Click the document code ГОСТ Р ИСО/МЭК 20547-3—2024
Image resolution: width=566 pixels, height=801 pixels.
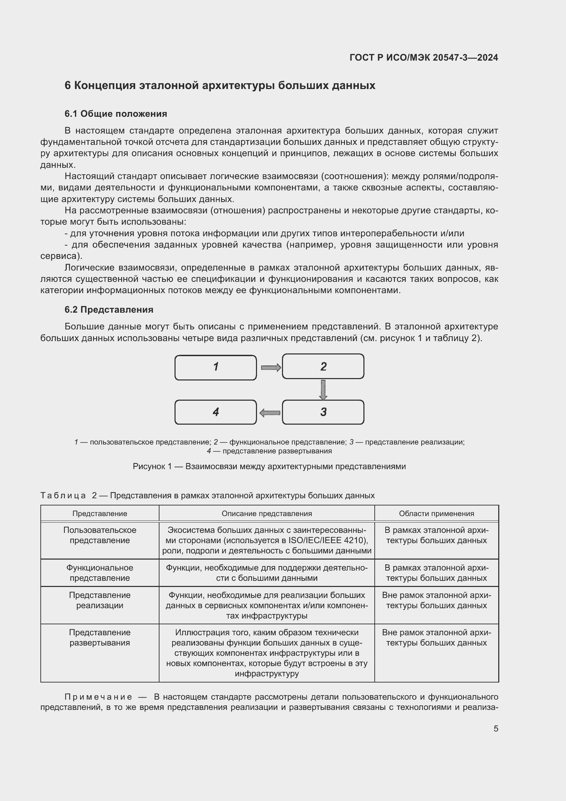point(423,58)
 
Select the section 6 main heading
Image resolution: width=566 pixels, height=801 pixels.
point(220,86)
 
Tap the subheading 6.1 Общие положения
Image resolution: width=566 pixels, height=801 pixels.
point(116,114)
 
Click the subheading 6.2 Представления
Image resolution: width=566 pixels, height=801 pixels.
point(109,310)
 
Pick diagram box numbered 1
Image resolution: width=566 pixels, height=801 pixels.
point(215,367)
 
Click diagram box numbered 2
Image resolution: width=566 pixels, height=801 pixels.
point(323,366)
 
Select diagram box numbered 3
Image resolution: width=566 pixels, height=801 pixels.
point(323,412)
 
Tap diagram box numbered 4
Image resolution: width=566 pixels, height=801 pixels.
point(215,412)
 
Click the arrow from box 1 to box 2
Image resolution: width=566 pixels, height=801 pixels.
point(270,367)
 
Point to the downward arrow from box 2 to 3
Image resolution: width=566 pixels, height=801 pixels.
point(323,389)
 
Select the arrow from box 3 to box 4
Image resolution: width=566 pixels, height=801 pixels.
point(270,413)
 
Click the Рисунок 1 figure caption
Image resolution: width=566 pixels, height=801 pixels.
point(269,466)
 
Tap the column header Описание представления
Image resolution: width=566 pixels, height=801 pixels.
point(267,514)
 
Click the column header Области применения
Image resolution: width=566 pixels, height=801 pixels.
point(436,514)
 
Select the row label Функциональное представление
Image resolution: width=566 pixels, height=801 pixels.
point(100,573)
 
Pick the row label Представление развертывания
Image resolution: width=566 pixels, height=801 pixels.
point(100,637)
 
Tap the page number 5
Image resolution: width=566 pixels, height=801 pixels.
point(496,728)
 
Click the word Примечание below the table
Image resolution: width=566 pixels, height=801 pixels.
point(99,697)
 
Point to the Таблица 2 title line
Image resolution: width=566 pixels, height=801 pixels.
point(207,496)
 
